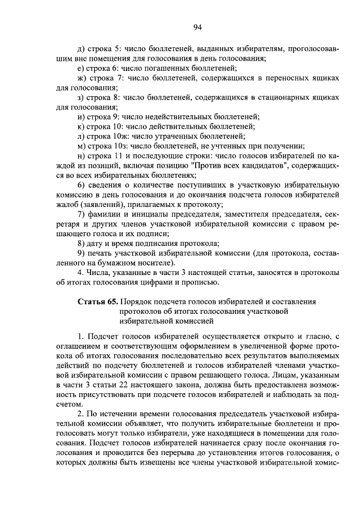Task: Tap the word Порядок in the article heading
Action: tap(136, 302)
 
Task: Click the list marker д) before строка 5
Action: tap(82, 49)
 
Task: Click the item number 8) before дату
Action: tap(81, 243)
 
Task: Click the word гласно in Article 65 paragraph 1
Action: tap(317, 336)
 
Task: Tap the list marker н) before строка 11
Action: tap(82, 156)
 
